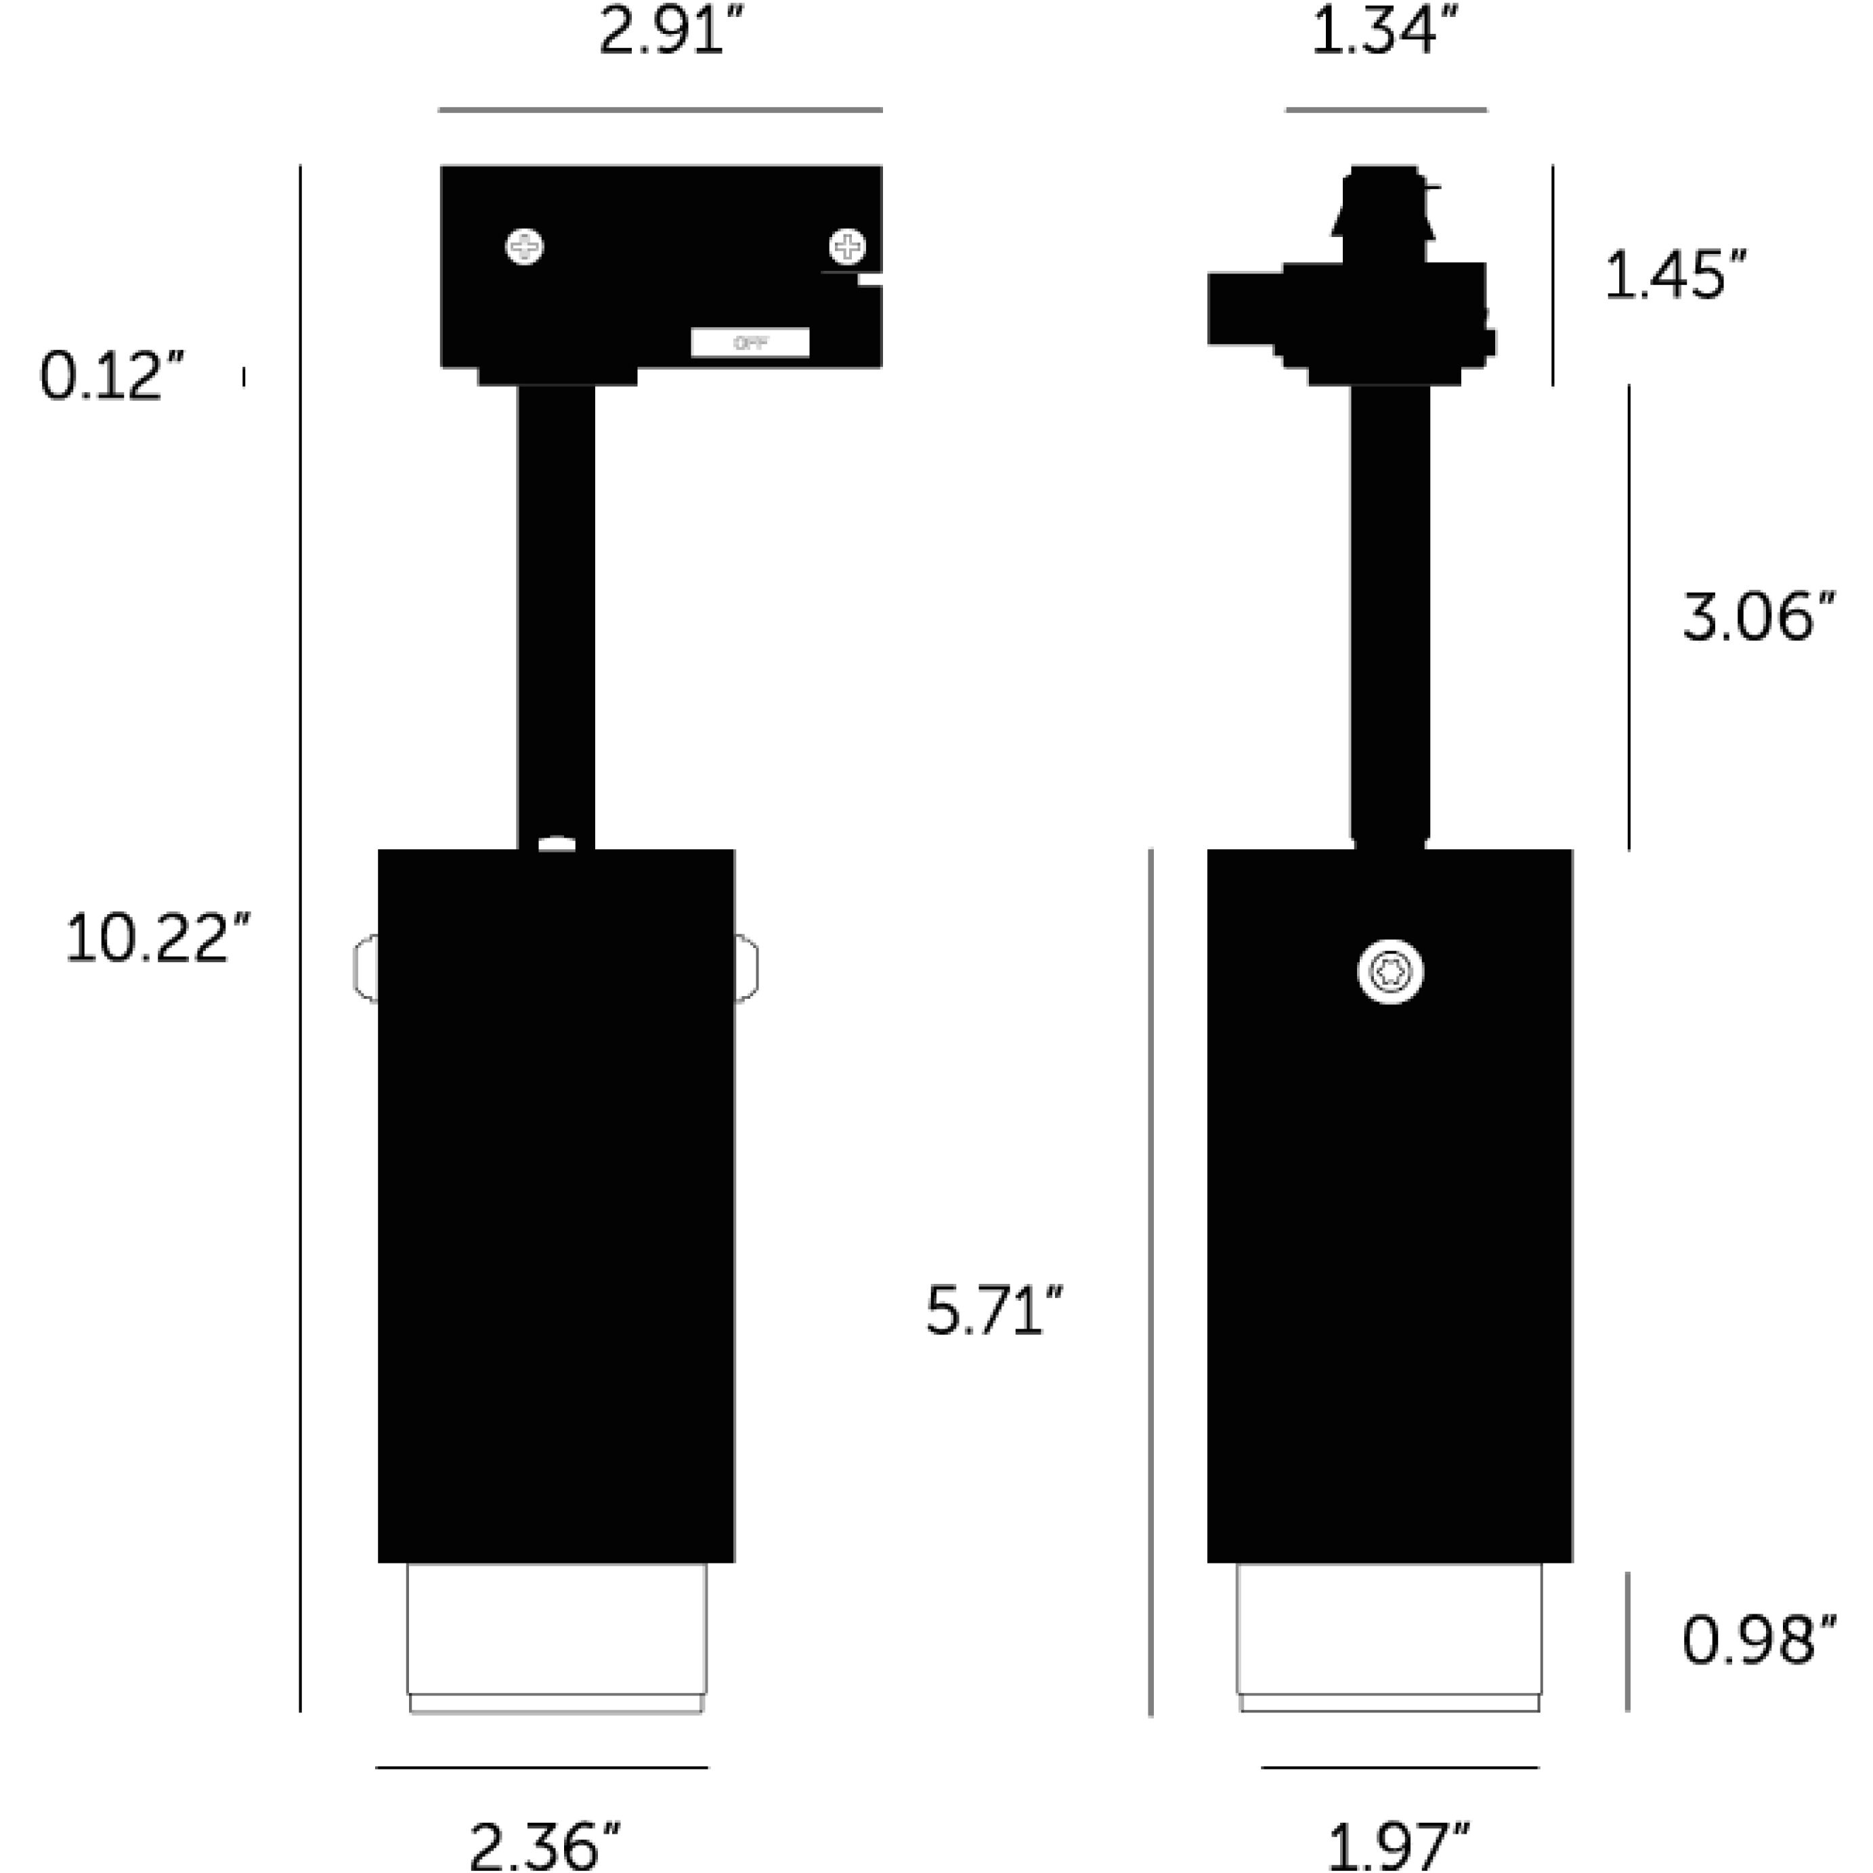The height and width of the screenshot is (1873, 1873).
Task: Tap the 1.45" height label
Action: coord(1675,276)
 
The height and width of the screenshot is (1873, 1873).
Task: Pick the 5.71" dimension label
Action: coord(993,1311)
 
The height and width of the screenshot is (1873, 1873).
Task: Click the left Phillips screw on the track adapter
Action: coord(525,247)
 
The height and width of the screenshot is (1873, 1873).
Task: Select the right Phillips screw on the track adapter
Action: coord(847,247)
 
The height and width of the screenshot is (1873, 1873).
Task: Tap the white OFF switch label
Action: coord(750,342)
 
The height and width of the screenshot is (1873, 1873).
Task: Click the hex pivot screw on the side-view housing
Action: coord(1390,972)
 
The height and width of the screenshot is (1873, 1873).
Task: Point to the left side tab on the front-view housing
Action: coord(366,968)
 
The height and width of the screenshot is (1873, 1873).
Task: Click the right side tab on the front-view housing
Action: coord(746,968)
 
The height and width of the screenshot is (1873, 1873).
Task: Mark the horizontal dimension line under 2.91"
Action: coord(660,110)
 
